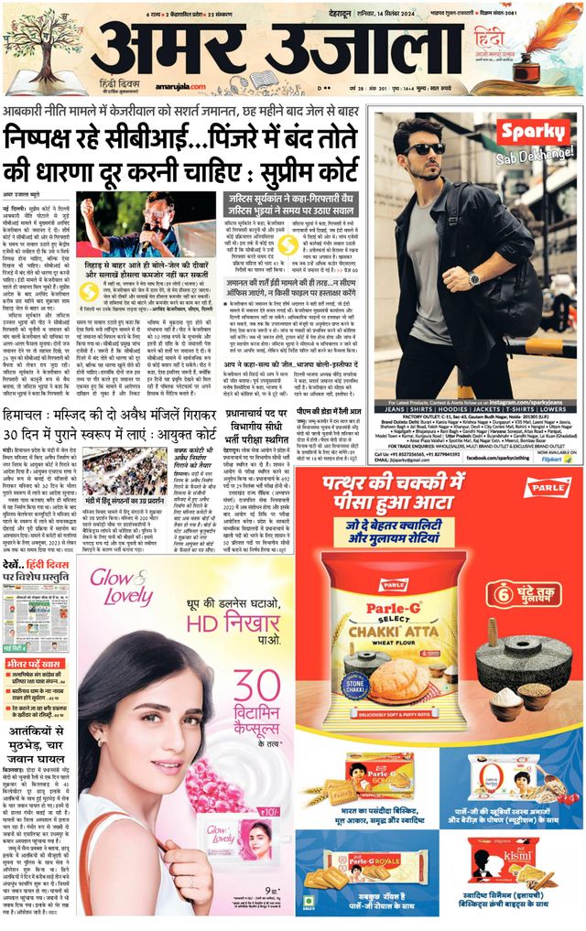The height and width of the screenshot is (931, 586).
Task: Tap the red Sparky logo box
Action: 533,133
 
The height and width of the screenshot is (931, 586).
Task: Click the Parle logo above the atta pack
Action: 548,487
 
